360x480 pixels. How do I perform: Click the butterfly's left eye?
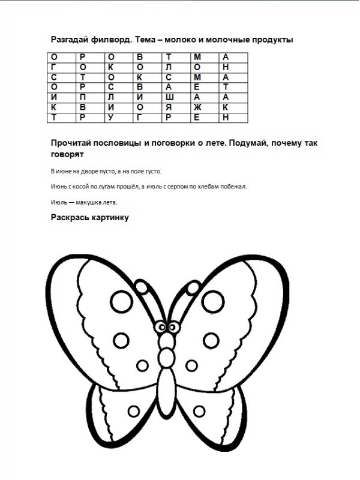[160, 326]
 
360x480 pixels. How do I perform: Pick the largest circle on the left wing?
[121, 340]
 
